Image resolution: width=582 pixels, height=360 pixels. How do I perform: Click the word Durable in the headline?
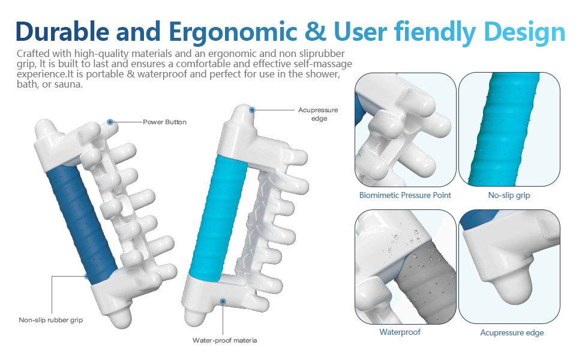coord(62,31)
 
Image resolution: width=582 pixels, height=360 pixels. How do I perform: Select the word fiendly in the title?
coord(435,32)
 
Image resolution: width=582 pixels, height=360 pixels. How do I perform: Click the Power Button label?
coord(164,122)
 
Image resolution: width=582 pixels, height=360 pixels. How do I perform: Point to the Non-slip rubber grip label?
coord(50,320)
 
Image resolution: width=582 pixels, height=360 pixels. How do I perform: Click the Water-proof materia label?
coord(224,340)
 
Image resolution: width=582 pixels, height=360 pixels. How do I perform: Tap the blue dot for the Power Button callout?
coord(110,122)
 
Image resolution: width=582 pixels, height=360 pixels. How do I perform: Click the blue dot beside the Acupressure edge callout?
coord(252,110)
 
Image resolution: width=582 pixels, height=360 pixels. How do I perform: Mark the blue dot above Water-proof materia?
coord(223,301)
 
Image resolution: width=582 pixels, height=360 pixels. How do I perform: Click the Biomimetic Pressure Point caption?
coord(405,195)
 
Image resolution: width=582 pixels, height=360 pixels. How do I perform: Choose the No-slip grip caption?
coord(509,195)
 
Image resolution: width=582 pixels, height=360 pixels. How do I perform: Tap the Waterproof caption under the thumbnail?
coord(400,332)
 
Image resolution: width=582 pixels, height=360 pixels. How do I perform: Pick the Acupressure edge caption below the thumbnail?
coord(512,332)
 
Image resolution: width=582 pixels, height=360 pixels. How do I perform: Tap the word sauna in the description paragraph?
coord(68,85)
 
